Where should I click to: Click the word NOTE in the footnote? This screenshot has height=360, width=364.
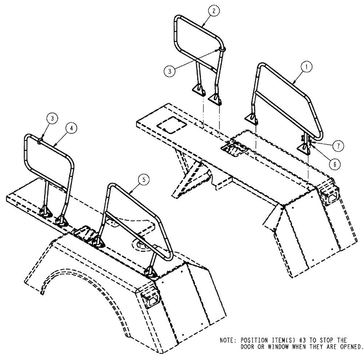(229, 340)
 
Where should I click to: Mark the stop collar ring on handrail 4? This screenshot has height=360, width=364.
(39, 139)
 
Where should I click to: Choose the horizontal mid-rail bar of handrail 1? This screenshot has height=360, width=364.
(282, 103)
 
